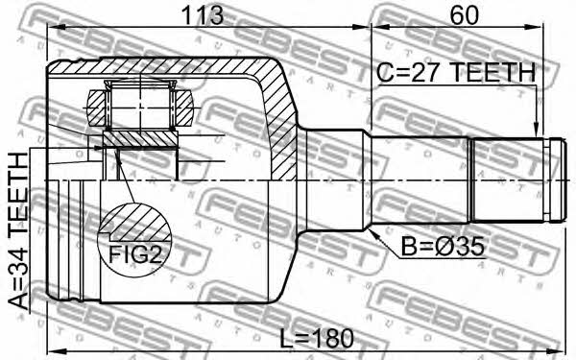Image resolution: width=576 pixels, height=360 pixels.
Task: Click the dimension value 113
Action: click(x=202, y=15)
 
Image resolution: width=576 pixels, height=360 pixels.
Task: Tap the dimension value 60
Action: click(x=465, y=15)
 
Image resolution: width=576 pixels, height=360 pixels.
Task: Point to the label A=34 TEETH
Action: click(x=18, y=231)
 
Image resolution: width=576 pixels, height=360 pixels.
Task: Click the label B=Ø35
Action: click(x=443, y=247)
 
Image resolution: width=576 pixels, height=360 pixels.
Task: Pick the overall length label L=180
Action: click(x=317, y=338)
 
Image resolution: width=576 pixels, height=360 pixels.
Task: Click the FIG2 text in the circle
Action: click(x=135, y=254)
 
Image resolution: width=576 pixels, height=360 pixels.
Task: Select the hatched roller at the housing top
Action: click(x=140, y=108)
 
